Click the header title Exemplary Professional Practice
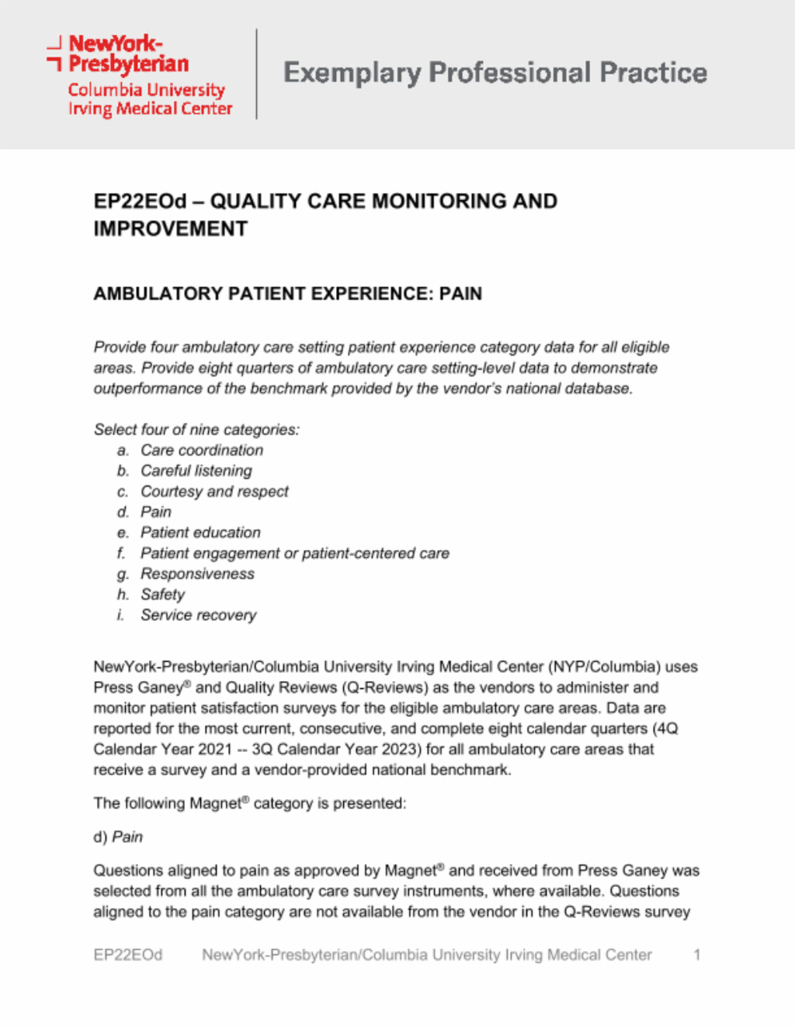tap(495, 73)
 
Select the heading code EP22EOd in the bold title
tap(140, 202)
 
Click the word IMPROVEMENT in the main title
tap(170, 230)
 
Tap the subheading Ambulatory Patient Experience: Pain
tap(287, 294)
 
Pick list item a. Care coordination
tap(201, 451)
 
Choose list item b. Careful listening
tap(196, 471)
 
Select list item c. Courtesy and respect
tap(214, 492)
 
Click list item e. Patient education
tap(200, 533)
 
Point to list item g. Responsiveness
tap(197, 574)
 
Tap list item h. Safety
tap(162, 595)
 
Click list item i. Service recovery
tap(198, 615)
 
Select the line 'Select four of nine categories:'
tap(196, 430)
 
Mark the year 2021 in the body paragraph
tap(215, 749)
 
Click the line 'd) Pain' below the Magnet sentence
tap(118, 837)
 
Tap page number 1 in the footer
tap(696, 955)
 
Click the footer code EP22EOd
tap(128, 955)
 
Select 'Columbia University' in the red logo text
tap(146, 90)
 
